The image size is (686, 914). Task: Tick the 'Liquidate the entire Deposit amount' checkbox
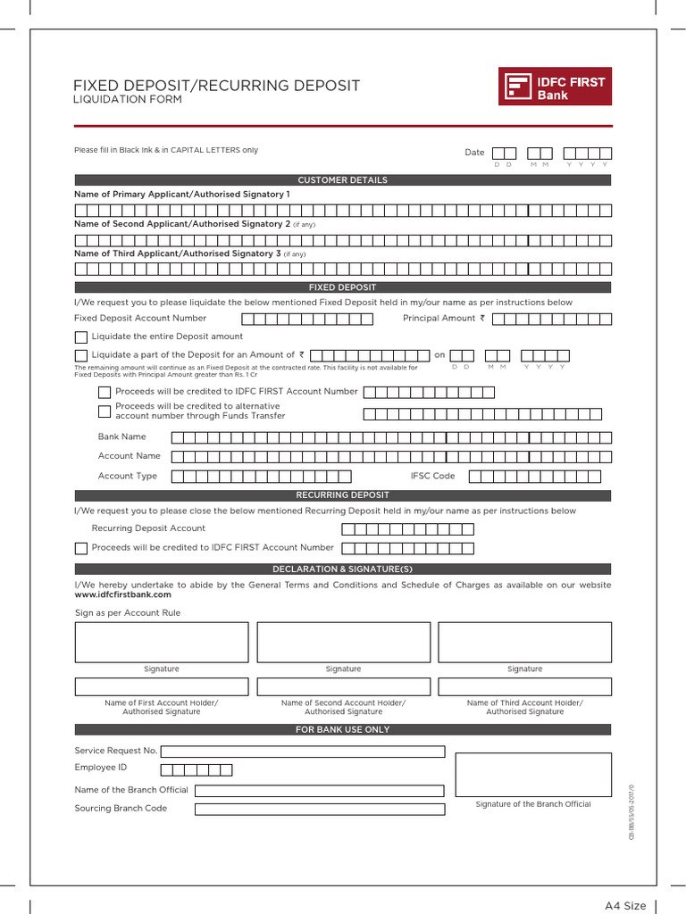click(81, 337)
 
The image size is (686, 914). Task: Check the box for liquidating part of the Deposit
click(81, 355)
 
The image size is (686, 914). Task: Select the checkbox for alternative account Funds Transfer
click(105, 411)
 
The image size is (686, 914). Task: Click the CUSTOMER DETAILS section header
click(343, 180)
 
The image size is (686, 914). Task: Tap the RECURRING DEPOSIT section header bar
click(343, 495)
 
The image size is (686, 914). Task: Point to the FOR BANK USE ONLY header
click(343, 729)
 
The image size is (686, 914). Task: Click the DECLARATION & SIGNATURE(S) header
click(343, 569)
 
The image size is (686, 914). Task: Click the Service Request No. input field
click(302, 752)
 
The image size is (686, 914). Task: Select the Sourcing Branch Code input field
click(319, 809)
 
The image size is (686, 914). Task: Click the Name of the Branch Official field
click(319, 790)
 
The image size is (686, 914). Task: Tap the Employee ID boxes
click(197, 769)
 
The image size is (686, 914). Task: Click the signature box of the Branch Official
click(533, 774)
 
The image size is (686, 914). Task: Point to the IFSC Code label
click(432, 476)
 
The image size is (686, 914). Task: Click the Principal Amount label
click(444, 318)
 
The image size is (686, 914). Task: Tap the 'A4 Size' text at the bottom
click(625, 906)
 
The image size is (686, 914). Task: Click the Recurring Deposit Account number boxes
click(407, 528)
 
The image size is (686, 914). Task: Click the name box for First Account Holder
click(162, 686)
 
